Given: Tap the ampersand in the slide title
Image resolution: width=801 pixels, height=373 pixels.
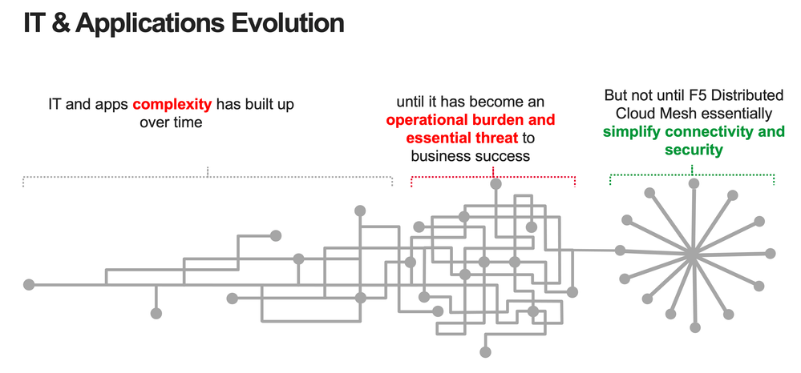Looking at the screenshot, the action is coord(61,23).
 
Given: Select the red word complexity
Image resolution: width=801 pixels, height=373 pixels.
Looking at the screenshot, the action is coord(172,105).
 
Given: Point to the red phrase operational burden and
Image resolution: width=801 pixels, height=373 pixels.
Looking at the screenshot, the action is coord(470,120).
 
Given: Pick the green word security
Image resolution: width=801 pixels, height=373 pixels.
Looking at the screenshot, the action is coord(694,150).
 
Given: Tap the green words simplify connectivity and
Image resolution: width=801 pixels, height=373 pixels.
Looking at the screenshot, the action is coord(694,131).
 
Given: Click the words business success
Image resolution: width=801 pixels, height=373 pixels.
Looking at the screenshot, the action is coord(470,155).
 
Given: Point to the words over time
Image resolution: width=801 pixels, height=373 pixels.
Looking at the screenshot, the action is coord(171,122).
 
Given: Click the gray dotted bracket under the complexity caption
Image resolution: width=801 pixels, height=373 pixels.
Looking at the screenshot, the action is coord(208,177).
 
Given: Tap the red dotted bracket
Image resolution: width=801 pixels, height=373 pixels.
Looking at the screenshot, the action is coord(493,177).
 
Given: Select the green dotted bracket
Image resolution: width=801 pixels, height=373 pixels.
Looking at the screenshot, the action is coord(692,177).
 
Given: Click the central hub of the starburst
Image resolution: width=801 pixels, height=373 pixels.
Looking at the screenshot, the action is coord(692,253).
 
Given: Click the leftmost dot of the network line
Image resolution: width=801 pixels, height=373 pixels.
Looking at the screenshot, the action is coord(29,285).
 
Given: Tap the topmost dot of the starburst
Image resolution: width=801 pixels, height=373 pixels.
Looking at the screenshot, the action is coord(694,183).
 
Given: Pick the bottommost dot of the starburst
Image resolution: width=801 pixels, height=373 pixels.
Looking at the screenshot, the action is coord(694,327).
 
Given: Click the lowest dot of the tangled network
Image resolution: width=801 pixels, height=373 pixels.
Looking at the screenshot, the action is coord(485,352).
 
